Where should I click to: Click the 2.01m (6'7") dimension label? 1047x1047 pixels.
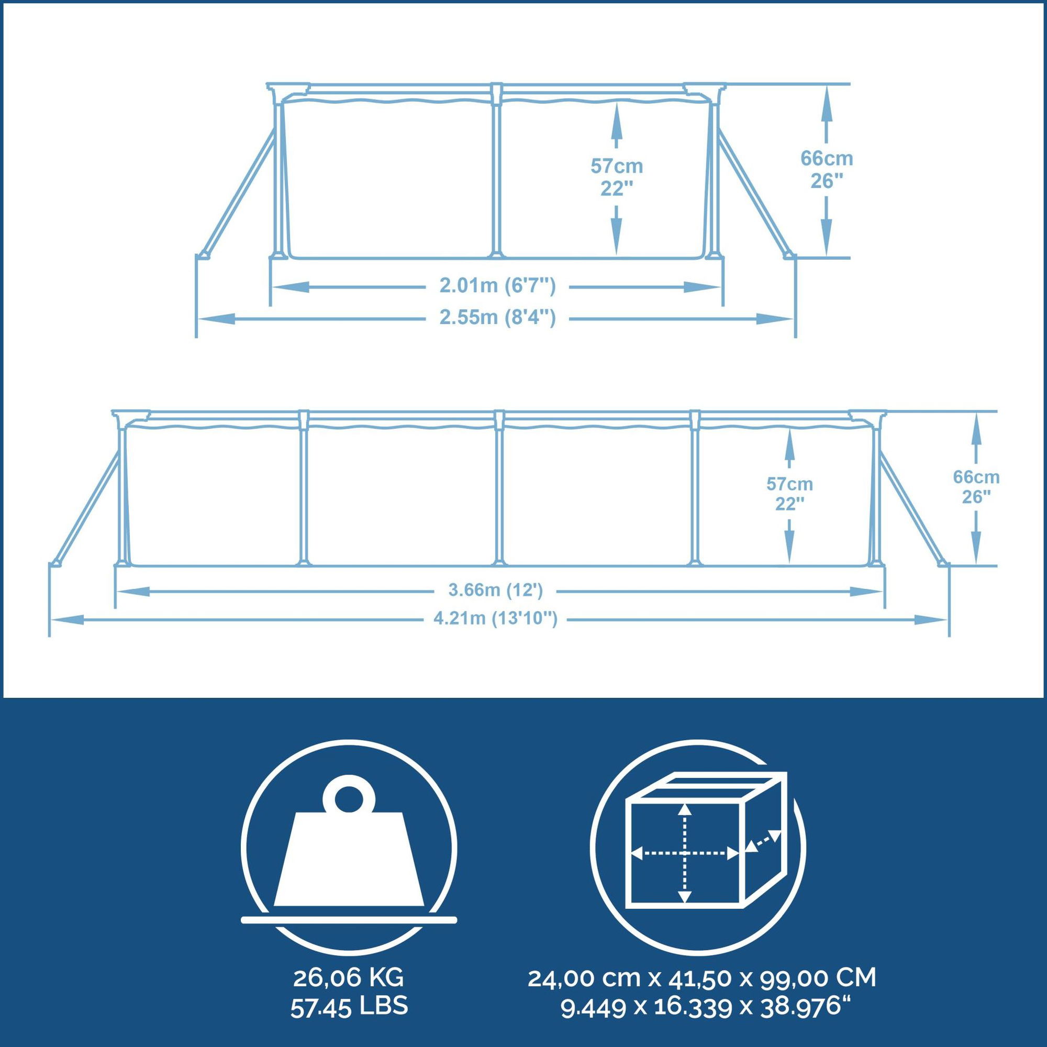497,286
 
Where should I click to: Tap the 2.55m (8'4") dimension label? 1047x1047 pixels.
497,318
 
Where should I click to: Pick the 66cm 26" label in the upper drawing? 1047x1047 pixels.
827,170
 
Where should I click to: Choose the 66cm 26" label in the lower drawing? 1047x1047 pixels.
976,487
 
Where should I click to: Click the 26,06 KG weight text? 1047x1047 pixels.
349,963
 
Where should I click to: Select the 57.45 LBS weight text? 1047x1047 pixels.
349,992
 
